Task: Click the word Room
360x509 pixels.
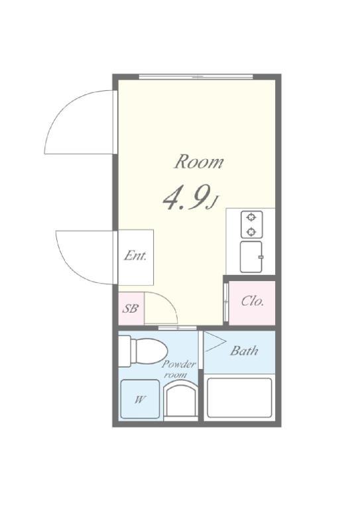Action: (x=199, y=161)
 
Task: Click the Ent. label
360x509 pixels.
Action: (x=135, y=256)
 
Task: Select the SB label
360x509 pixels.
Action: (x=131, y=309)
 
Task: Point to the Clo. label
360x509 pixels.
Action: (x=253, y=301)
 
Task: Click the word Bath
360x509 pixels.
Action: (x=244, y=351)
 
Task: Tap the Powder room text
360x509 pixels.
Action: (x=178, y=370)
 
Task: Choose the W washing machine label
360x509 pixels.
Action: (x=140, y=400)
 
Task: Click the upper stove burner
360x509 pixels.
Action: (x=251, y=217)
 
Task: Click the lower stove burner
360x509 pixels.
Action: (x=251, y=231)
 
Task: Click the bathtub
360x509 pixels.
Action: (x=239, y=398)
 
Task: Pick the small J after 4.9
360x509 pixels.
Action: (x=213, y=203)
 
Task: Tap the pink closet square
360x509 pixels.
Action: (x=252, y=302)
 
